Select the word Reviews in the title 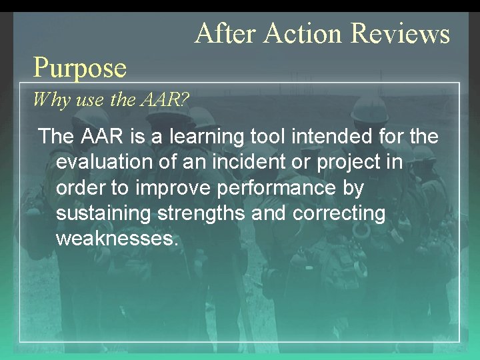(400, 33)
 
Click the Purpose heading (80, 67)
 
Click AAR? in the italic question (165, 101)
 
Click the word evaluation (104, 163)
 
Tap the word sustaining (101, 214)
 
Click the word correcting (339, 214)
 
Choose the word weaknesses (117, 239)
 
